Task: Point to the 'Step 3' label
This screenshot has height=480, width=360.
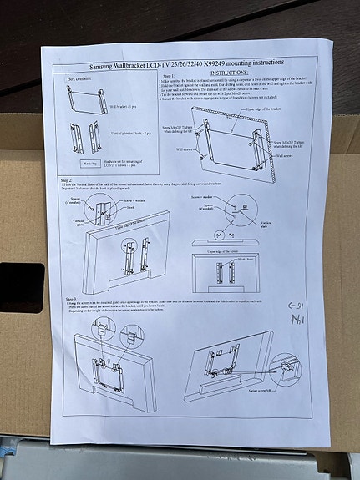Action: click(x=70, y=297)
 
